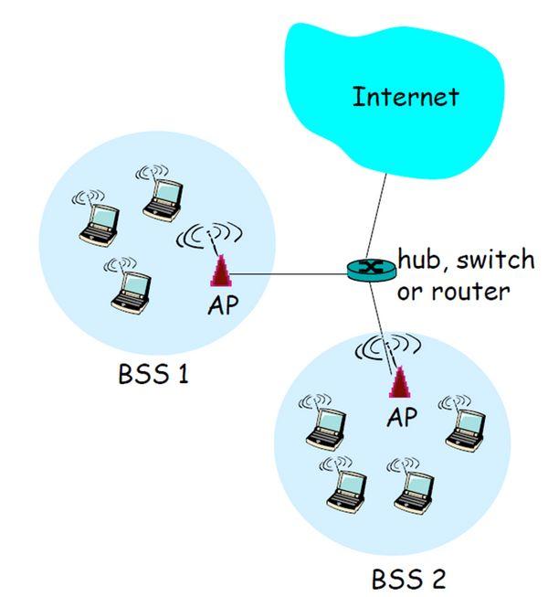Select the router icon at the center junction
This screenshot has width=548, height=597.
[x=371, y=269]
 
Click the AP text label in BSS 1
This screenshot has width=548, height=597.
[x=222, y=305]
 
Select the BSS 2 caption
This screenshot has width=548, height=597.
[x=409, y=578]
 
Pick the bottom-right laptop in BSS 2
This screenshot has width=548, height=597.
[x=409, y=485]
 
